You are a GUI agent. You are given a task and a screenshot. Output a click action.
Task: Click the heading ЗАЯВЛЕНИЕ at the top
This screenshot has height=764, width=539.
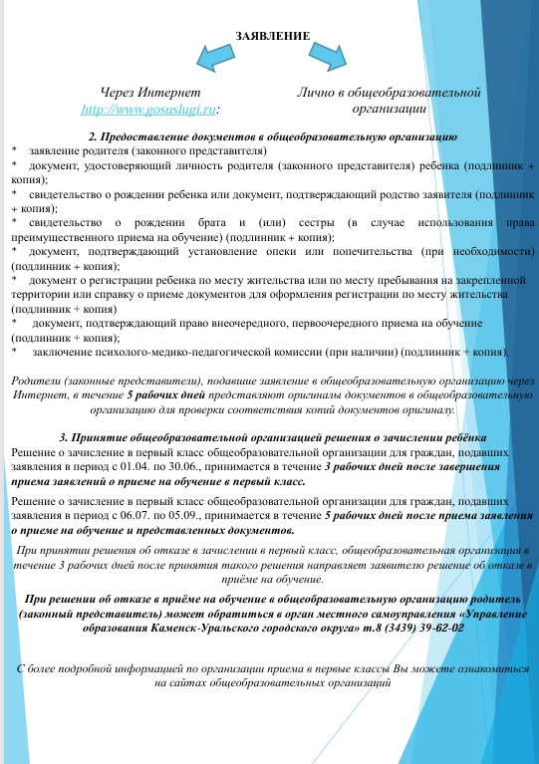[x=272, y=36]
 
